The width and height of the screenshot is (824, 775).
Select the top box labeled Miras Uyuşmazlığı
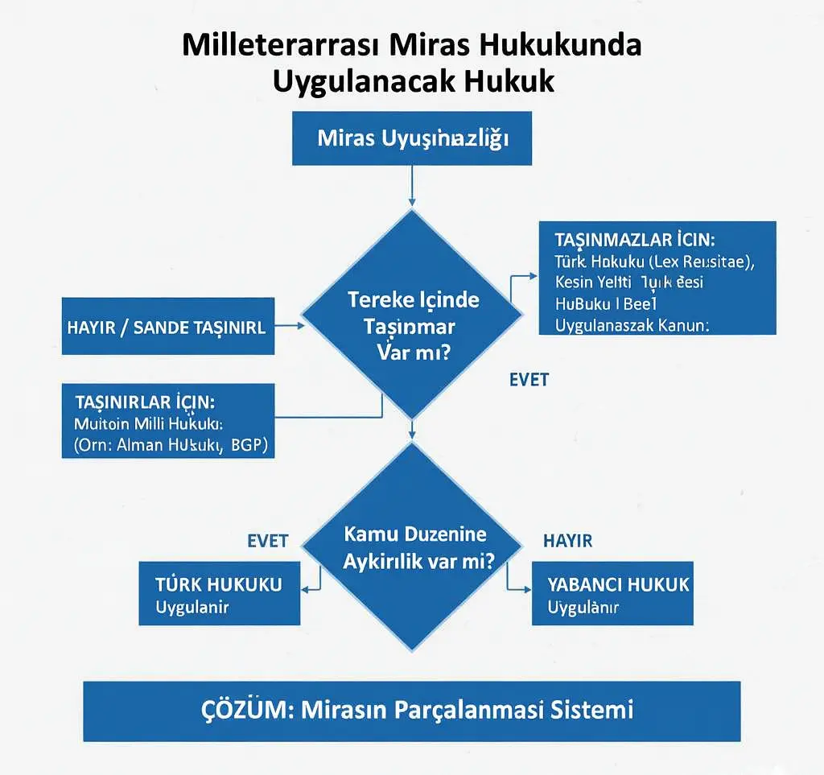pos(412,138)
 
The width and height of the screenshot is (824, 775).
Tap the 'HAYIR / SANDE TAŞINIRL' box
pos(168,327)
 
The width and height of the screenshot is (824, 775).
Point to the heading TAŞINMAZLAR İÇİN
pos(635,240)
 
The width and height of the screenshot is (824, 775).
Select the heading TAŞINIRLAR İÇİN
pos(144,402)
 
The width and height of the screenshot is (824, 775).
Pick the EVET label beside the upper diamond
pos(529,380)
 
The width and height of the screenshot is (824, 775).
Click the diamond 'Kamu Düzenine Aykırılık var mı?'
pos(414,547)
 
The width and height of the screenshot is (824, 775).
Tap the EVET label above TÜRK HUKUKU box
pos(267,541)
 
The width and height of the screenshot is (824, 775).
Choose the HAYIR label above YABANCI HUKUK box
pos(567,541)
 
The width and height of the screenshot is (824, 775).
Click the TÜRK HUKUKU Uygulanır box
pos(219,594)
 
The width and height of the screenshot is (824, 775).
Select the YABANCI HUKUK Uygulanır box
pos(612,594)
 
